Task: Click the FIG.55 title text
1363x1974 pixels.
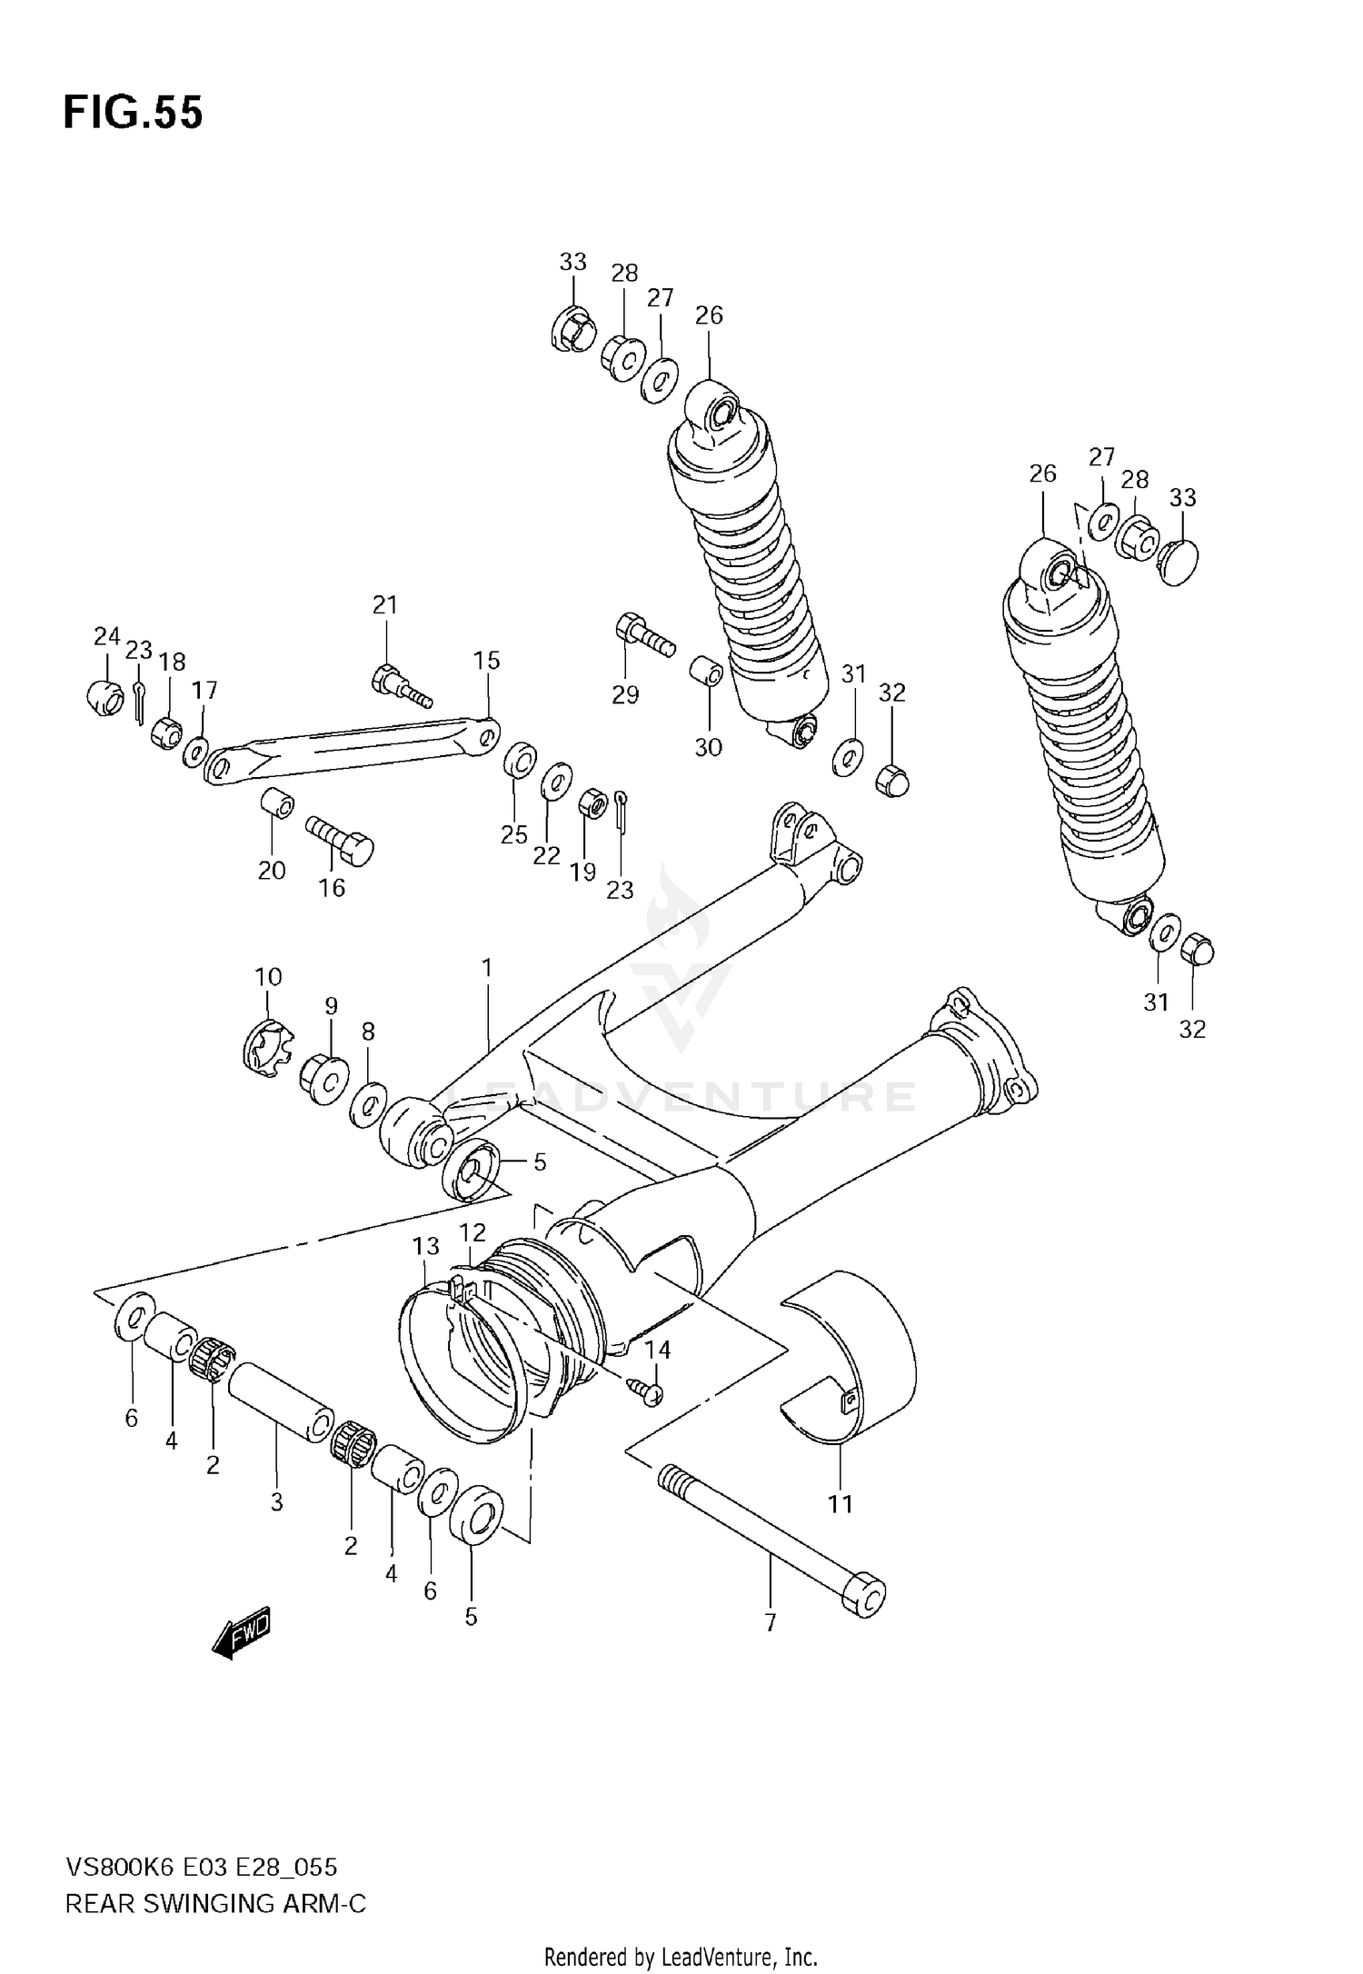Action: tap(133, 114)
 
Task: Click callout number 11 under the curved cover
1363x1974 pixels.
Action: tap(841, 1504)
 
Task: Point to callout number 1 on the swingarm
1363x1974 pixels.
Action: tap(487, 969)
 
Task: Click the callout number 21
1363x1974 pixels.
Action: tap(385, 604)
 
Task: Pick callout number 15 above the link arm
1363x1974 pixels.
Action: tap(487, 661)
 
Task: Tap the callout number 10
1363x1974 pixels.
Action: tap(268, 977)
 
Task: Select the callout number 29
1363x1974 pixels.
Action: tap(625, 695)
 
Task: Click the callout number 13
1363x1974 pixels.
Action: tap(425, 1246)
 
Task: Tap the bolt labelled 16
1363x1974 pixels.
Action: tap(343, 839)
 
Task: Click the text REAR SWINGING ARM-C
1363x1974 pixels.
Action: tap(215, 1903)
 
